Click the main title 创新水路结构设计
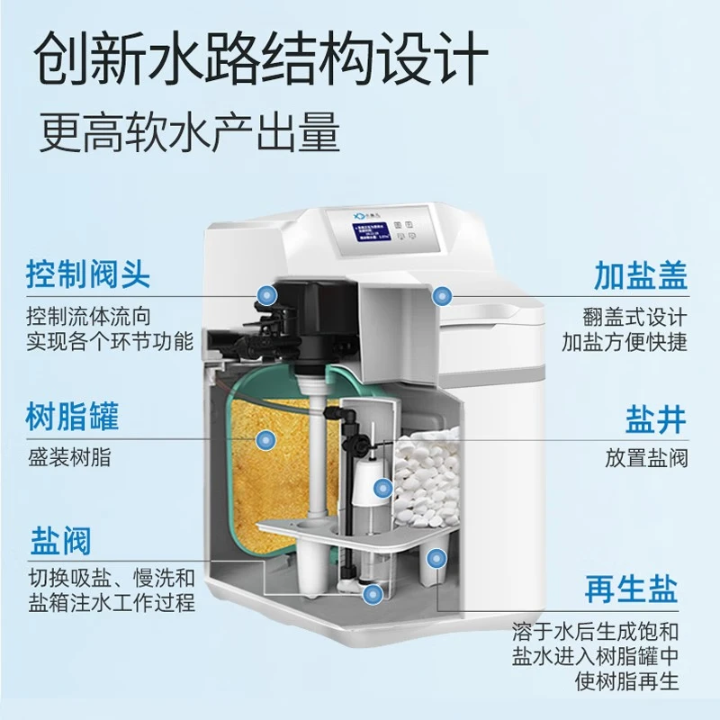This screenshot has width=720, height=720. [260, 56]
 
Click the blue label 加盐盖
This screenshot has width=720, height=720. [640, 275]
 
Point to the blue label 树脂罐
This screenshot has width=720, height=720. [72, 417]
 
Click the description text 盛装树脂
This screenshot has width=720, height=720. [68, 457]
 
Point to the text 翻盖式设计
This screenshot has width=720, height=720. [635, 318]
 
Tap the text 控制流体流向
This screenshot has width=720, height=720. [86, 318]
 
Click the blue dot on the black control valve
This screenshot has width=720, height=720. [265, 293]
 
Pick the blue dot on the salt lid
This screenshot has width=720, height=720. [442, 294]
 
